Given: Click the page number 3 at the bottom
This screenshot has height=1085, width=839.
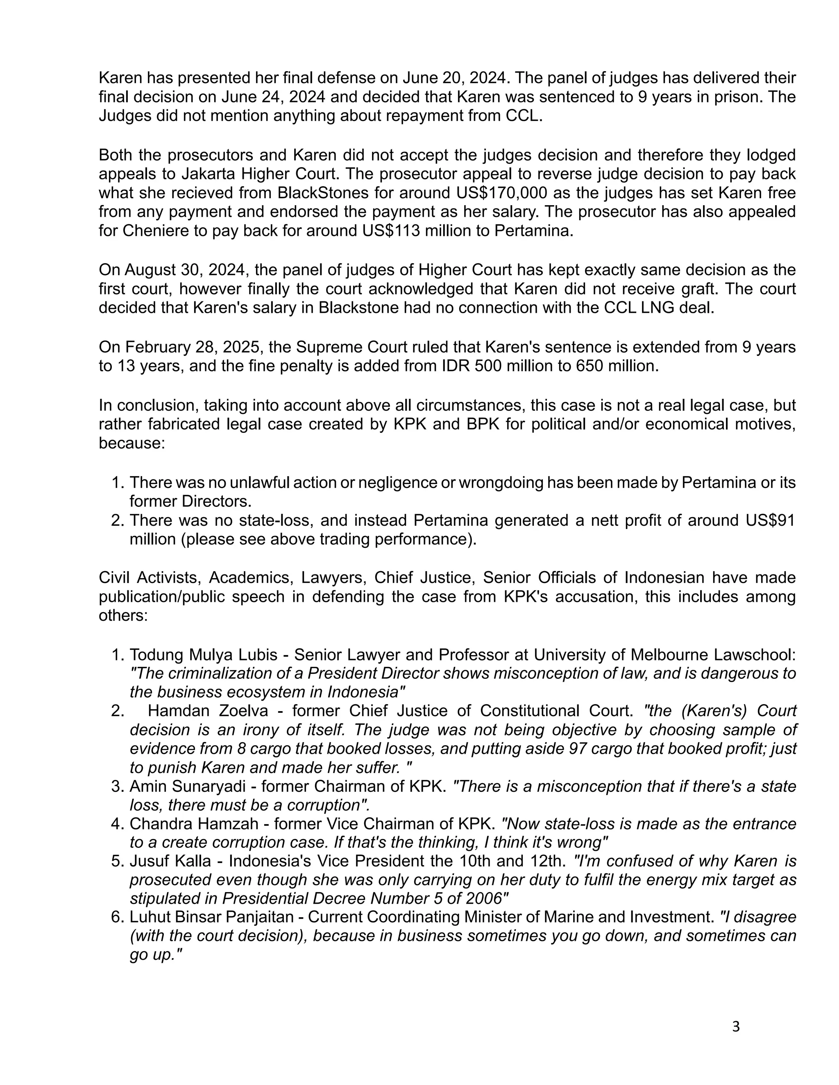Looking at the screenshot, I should pos(736,1026).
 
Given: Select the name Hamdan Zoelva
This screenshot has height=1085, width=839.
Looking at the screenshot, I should pos(208,711).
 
